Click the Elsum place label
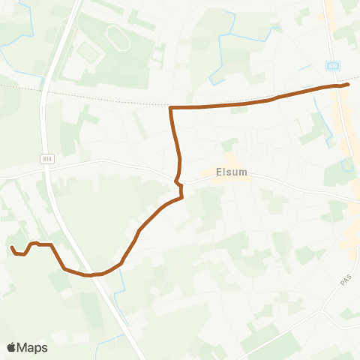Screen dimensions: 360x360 tap(231, 171)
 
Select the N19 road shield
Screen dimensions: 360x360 tap(334, 67)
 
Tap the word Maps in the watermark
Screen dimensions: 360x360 tap(34, 347)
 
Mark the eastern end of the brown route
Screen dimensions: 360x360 tap(349, 85)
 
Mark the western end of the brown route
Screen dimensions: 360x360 tap(11, 247)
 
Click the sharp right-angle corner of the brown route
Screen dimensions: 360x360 tap(172, 109)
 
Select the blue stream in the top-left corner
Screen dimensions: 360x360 tap(30, 30)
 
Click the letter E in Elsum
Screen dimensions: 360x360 tap(218, 171)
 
